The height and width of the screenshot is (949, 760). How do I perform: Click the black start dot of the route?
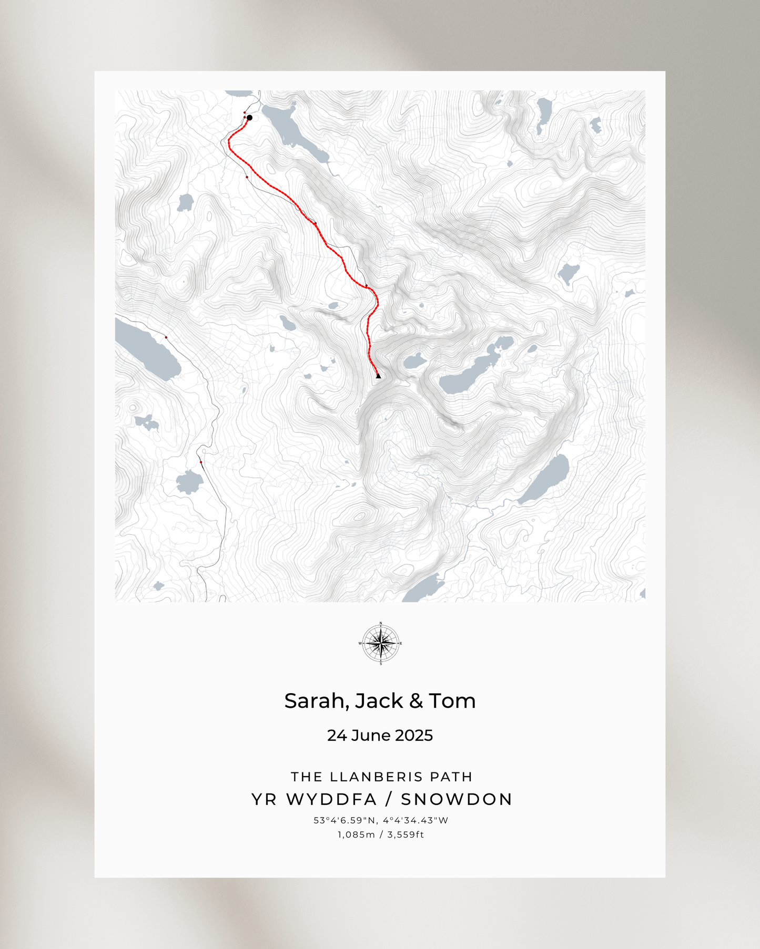point(249,118)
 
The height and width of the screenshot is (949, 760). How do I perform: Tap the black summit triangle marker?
point(378,375)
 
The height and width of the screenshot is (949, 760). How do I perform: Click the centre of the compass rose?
point(381,643)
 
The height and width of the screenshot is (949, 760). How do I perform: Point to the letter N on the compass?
point(381,623)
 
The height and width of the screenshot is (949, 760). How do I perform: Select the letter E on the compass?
point(401,643)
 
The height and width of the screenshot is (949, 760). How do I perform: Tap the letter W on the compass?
point(360,643)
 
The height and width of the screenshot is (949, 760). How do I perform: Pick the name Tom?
point(452,701)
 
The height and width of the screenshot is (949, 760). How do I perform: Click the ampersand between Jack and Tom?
point(416,701)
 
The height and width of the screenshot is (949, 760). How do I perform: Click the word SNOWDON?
point(457,799)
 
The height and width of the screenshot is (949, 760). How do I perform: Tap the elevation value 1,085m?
point(356,834)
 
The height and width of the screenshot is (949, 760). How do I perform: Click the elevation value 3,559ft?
point(406,834)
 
